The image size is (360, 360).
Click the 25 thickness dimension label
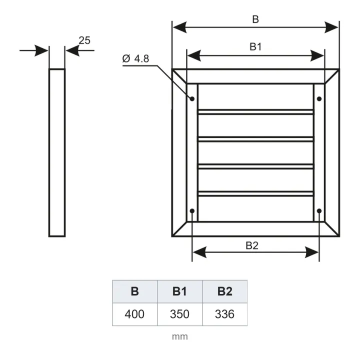click(x=84, y=40)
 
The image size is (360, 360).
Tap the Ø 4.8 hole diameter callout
click(x=135, y=59)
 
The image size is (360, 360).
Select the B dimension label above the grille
click(x=255, y=19)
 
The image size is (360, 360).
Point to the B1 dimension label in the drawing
click(x=255, y=47)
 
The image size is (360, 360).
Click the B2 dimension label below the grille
click(x=252, y=245)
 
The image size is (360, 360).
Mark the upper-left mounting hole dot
click(x=192, y=98)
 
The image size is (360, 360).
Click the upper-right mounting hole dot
click(x=319, y=98)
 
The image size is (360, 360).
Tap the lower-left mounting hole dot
click(x=192, y=211)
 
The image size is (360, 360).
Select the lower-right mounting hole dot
click(x=319, y=211)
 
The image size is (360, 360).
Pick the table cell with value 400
click(x=135, y=314)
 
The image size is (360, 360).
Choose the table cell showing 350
click(x=180, y=314)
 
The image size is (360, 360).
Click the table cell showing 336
click(x=225, y=314)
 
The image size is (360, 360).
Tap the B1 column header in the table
click(x=180, y=291)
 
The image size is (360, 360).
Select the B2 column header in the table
click(x=225, y=291)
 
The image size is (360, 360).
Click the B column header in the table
click(x=135, y=291)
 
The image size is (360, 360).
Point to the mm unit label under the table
click(x=180, y=336)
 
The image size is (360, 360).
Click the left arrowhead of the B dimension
click(x=179, y=27)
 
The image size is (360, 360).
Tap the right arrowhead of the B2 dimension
click(x=311, y=252)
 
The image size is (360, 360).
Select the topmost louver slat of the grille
click(x=255, y=112)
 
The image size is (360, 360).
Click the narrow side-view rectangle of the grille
click(x=57, y=152)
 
